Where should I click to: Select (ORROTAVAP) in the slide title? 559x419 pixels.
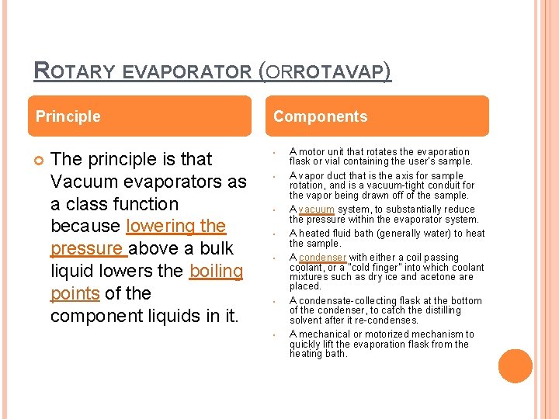[325, 72]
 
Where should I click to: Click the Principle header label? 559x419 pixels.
[68, 116]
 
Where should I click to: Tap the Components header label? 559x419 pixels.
[320, 116]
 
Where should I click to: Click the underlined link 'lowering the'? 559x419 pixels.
[175, 226]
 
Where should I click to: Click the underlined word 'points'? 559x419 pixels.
[75, 293]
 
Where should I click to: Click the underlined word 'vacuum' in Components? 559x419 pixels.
[316, 209]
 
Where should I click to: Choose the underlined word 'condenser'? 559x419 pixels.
[322, 258]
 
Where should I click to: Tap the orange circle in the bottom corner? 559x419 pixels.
[516, 366]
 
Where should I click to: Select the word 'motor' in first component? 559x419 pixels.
[311, 151]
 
